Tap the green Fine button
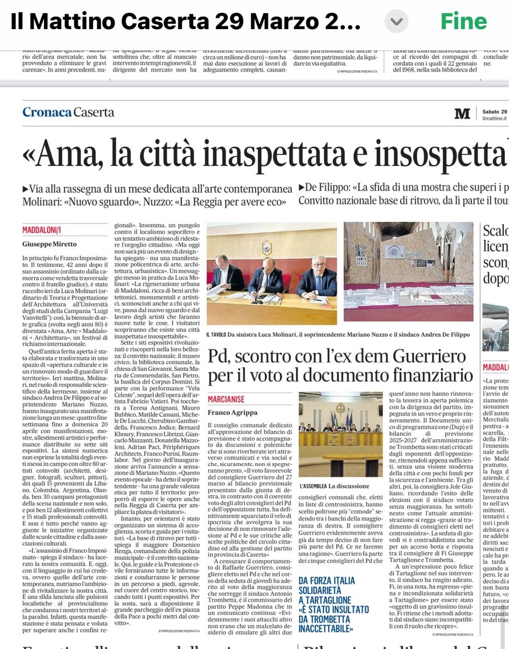pos(463,21)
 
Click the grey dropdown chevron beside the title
pos(396,22)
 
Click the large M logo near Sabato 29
pos(462,114)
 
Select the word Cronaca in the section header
pos(47,112)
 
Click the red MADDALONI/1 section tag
pos(42,230)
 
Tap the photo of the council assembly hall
pos(340,434)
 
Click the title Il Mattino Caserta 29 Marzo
pos(185,22)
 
